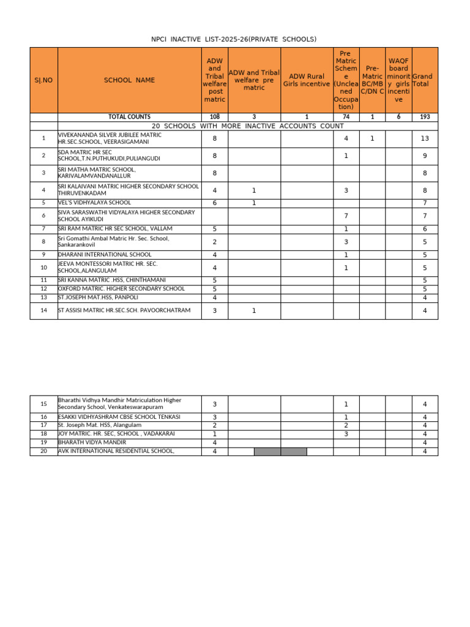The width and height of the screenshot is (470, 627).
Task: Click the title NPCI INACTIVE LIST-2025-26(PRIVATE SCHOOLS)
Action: [234, 39]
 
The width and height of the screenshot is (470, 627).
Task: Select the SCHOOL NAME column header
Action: [129, 80]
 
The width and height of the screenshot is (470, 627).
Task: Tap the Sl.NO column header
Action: [43, 80]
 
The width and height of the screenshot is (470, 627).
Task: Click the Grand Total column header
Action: [425, 80]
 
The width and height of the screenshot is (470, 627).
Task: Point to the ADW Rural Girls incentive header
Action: [307, 80]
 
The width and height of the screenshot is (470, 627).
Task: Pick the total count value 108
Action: [214, 116]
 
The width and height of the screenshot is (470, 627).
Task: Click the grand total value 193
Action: [425, 116]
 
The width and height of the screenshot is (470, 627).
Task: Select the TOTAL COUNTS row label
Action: [129, 116]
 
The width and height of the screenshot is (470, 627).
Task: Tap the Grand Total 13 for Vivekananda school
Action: [425, 139]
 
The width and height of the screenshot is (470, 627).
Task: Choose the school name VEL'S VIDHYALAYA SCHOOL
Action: [94, 203]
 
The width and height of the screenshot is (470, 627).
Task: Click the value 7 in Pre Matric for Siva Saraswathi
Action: [346, 216]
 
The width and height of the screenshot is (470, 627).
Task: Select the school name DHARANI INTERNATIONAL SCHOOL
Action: [105, 255]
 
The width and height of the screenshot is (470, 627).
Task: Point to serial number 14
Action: [43, 311]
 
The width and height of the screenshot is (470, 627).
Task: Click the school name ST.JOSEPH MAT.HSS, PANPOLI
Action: [98, 298]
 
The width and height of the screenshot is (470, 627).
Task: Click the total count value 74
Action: [346, 116]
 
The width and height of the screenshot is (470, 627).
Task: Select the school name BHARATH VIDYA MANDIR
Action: [92, 442]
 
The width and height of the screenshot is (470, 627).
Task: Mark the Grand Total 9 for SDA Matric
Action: [425, 156]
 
